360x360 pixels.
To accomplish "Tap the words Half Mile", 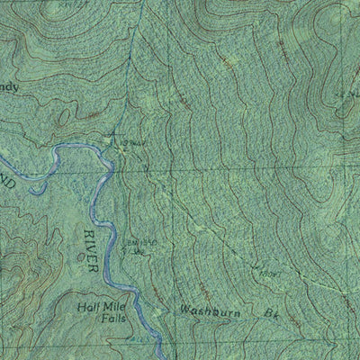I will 98,305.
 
